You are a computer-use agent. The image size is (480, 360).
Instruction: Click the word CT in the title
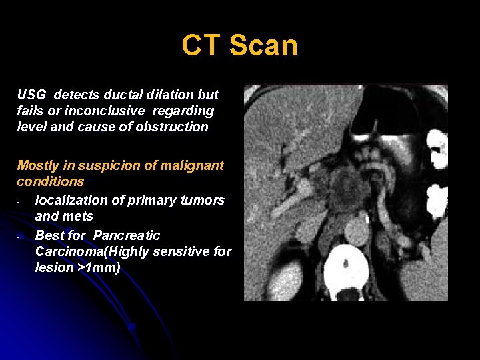point(201,46)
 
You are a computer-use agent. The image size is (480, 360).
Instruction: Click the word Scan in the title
point(263,46)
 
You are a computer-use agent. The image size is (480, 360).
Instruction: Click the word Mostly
point(37,165)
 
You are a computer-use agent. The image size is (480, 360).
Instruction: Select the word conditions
point(51,181)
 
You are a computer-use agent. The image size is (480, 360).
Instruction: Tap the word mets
point(79,216)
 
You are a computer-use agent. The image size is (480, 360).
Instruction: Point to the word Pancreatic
point(127,235)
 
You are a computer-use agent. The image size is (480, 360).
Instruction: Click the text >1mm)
point(99,267)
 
